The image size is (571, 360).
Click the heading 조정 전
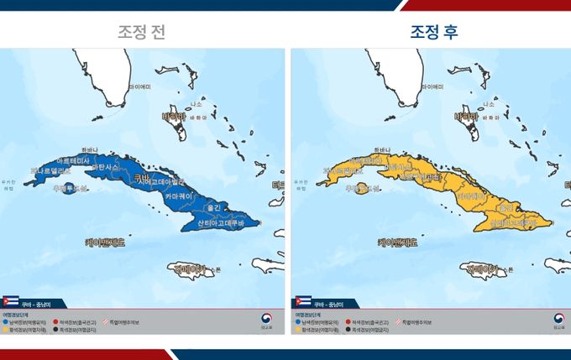141,32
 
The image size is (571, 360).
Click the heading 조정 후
433,32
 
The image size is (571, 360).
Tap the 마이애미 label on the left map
139,86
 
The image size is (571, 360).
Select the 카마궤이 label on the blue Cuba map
182,194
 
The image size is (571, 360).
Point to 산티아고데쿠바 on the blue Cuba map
221,223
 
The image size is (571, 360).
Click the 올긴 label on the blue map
212,206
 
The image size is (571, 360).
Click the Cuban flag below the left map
12,300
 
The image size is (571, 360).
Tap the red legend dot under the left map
55,321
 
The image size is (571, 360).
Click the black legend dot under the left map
55,329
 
